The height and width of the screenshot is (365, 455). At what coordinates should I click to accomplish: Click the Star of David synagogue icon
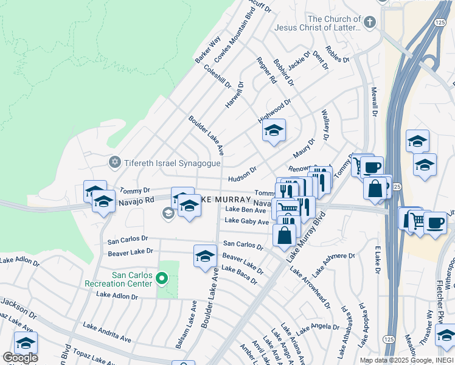114,162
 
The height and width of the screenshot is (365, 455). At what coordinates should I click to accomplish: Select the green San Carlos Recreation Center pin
161,279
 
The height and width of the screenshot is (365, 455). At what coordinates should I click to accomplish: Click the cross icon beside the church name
370,23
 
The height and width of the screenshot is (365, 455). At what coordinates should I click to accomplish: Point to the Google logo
20,358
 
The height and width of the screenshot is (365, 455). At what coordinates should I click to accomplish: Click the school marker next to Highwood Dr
274,131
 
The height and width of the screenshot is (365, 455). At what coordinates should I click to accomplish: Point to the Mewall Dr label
374,101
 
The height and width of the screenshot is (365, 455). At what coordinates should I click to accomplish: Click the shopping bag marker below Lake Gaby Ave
284,234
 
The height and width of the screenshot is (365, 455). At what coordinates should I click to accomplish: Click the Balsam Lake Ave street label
186,324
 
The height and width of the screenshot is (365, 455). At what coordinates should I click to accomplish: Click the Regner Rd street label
267,70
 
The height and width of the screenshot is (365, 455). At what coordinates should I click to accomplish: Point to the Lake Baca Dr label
239,275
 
